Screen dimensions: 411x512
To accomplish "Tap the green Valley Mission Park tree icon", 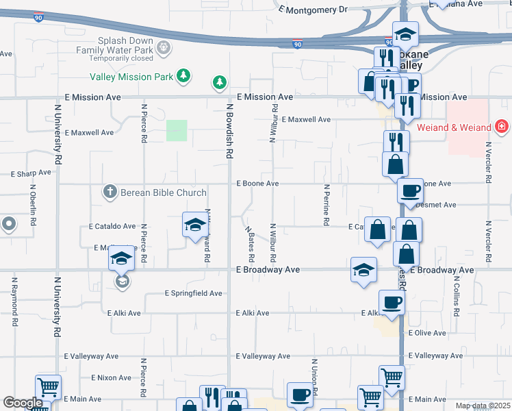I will [183, 76].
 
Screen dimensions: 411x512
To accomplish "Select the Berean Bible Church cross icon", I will [110, 192].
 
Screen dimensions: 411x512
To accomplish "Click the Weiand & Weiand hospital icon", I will [502, 127].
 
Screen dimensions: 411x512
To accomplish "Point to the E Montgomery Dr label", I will [314, 10].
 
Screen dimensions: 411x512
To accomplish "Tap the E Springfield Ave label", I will [194, 293].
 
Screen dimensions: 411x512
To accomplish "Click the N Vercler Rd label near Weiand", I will [488, 163].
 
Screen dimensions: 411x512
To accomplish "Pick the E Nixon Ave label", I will [111, 377].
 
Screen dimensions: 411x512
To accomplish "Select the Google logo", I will [23, 403].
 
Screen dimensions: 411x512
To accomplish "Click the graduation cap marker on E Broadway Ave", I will [363, 269].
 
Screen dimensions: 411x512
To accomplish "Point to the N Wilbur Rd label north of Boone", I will [273, 123].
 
